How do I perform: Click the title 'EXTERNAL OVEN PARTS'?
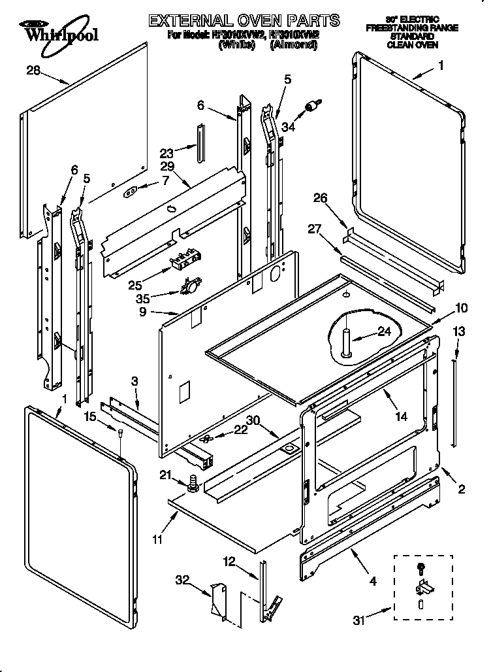click(x=244, y=20)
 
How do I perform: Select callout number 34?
click(x=288, y=127)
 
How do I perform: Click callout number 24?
click(x=385, y=332)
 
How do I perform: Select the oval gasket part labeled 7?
click(x=131, y=192)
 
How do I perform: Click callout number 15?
click(x=90, y=416)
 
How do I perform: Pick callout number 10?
click(x=461, y=307)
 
